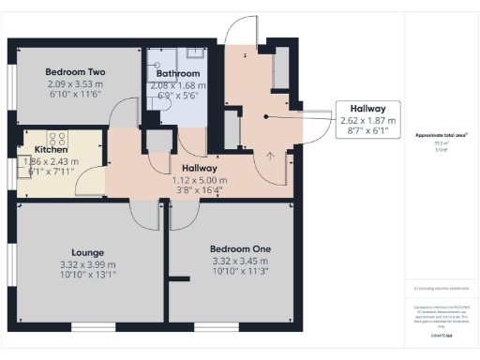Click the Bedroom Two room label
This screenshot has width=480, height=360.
click(76, 72)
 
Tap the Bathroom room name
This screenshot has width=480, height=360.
click(177, 73)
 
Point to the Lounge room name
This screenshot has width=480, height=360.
click(88, 252)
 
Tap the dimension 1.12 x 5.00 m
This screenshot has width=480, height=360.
click(200, 178)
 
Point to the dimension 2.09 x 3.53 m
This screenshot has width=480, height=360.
click(76, 84)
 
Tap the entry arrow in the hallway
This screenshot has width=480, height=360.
click(271, 156)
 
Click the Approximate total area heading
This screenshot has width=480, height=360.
click(440, 135)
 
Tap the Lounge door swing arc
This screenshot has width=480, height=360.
click(145, 214)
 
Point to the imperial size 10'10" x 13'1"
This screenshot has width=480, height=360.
click(88, 276)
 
